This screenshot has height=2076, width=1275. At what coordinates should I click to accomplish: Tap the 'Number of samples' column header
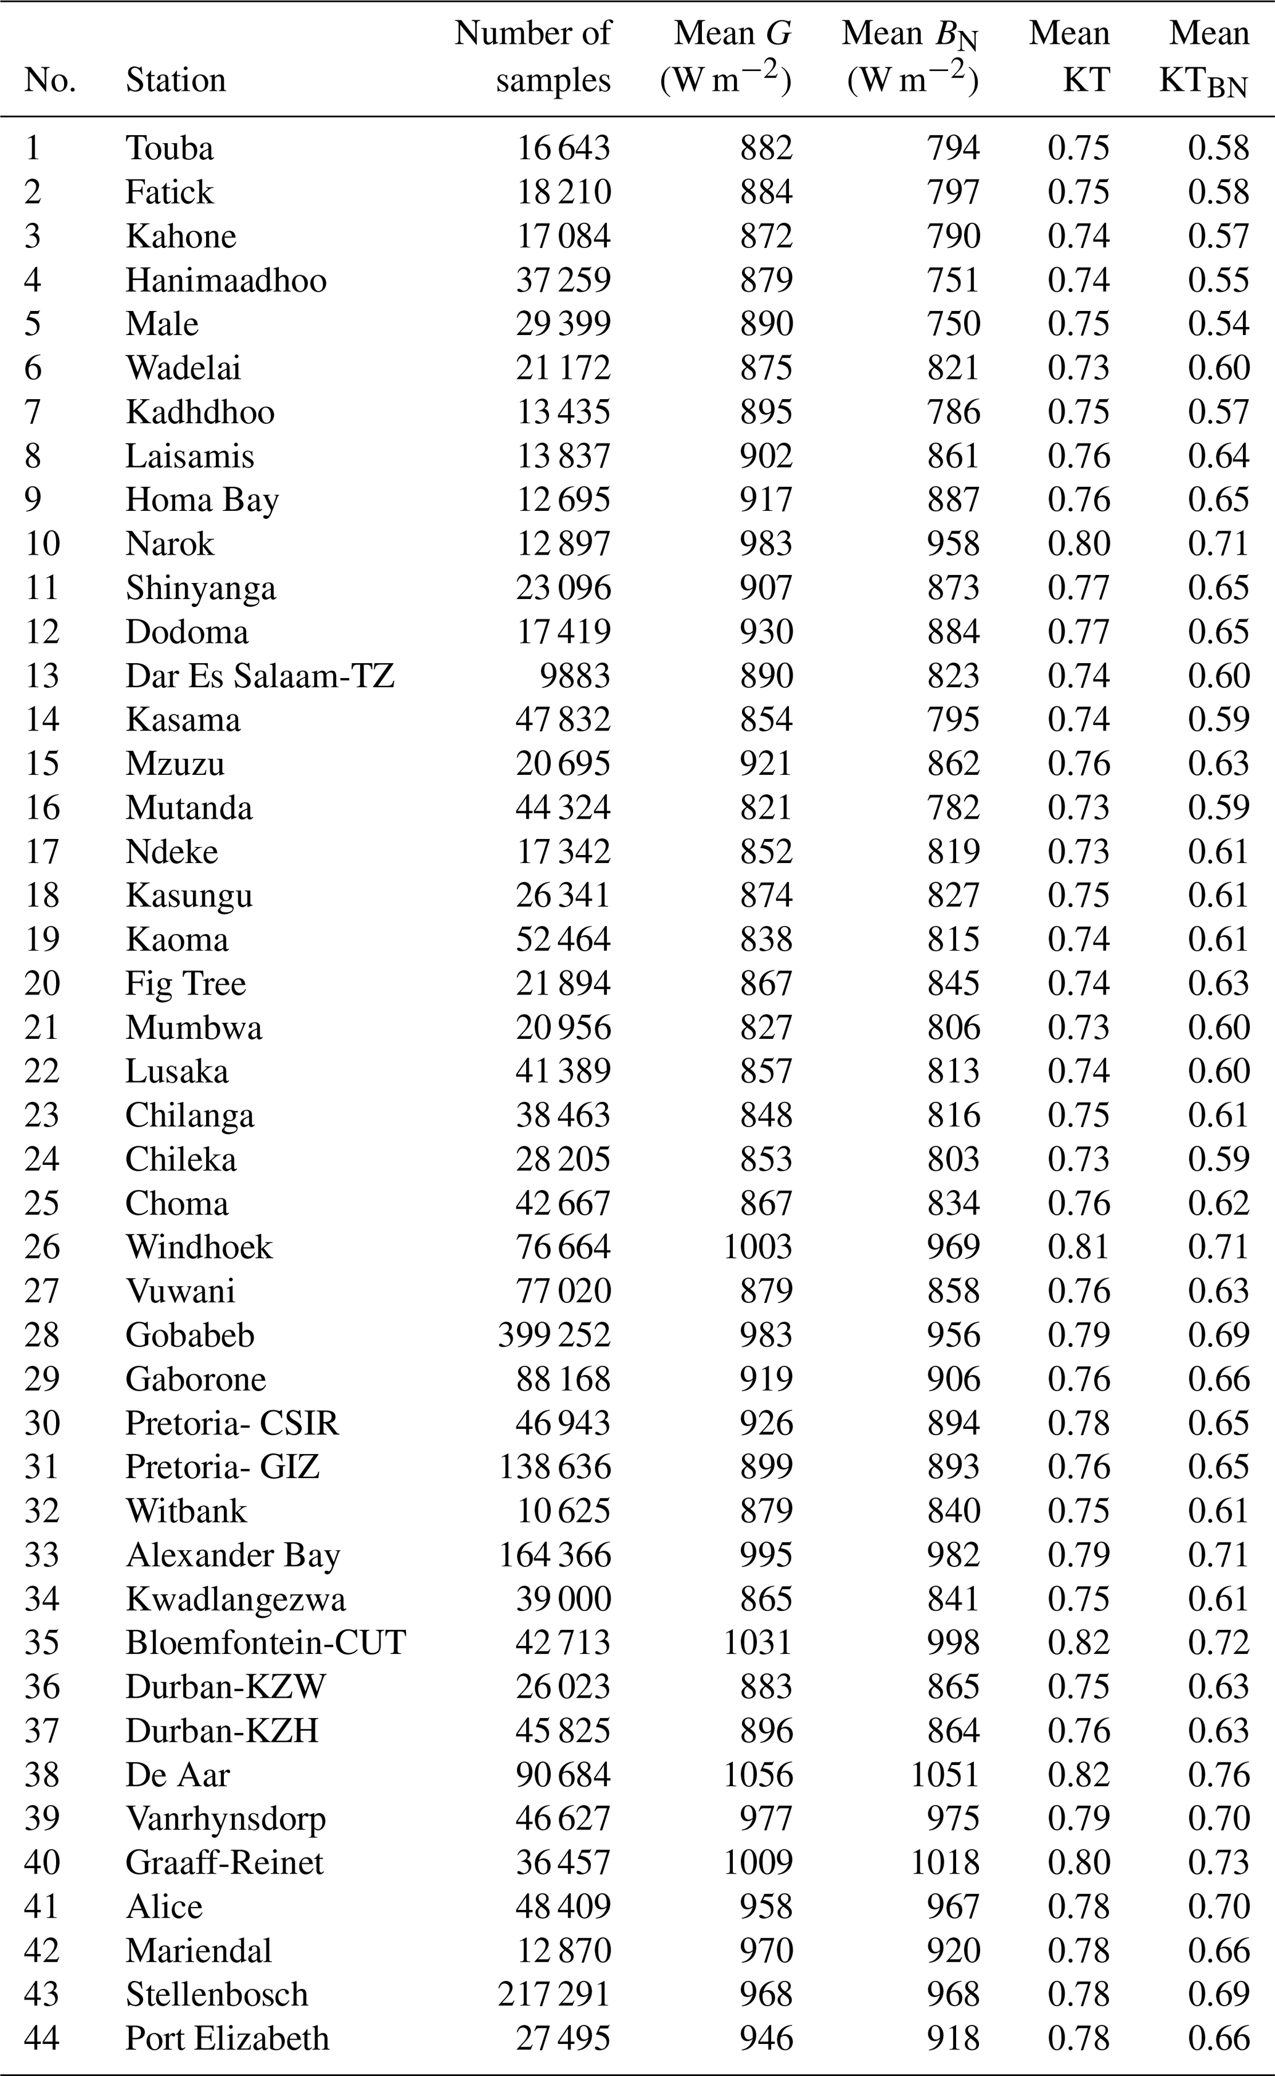tap(533, 57)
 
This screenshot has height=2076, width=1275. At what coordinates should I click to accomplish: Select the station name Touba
tap(170, 149)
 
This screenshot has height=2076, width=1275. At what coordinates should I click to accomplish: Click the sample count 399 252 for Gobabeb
tap(553, 1335)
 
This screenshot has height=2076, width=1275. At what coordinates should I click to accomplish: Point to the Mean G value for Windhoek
tap(757, 1247)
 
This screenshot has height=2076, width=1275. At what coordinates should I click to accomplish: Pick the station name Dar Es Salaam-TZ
tap(260, 676)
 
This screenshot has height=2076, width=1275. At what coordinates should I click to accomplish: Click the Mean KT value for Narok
tap(1078, 544)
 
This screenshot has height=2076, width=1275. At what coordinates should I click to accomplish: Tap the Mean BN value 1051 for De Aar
tap(944, 1774)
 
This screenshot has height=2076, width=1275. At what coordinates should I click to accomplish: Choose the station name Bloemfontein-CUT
tap(266, 1642)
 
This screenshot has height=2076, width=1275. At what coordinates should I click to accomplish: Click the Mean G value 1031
tap(757, 1642)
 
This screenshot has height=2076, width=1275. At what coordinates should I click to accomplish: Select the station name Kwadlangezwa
tap(235, 1598)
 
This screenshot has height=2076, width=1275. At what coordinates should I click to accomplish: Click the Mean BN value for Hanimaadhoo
tap(953, 281)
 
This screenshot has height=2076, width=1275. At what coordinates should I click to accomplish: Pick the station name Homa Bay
tap(202, 500)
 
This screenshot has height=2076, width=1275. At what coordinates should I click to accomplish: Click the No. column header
tap(50, 81)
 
